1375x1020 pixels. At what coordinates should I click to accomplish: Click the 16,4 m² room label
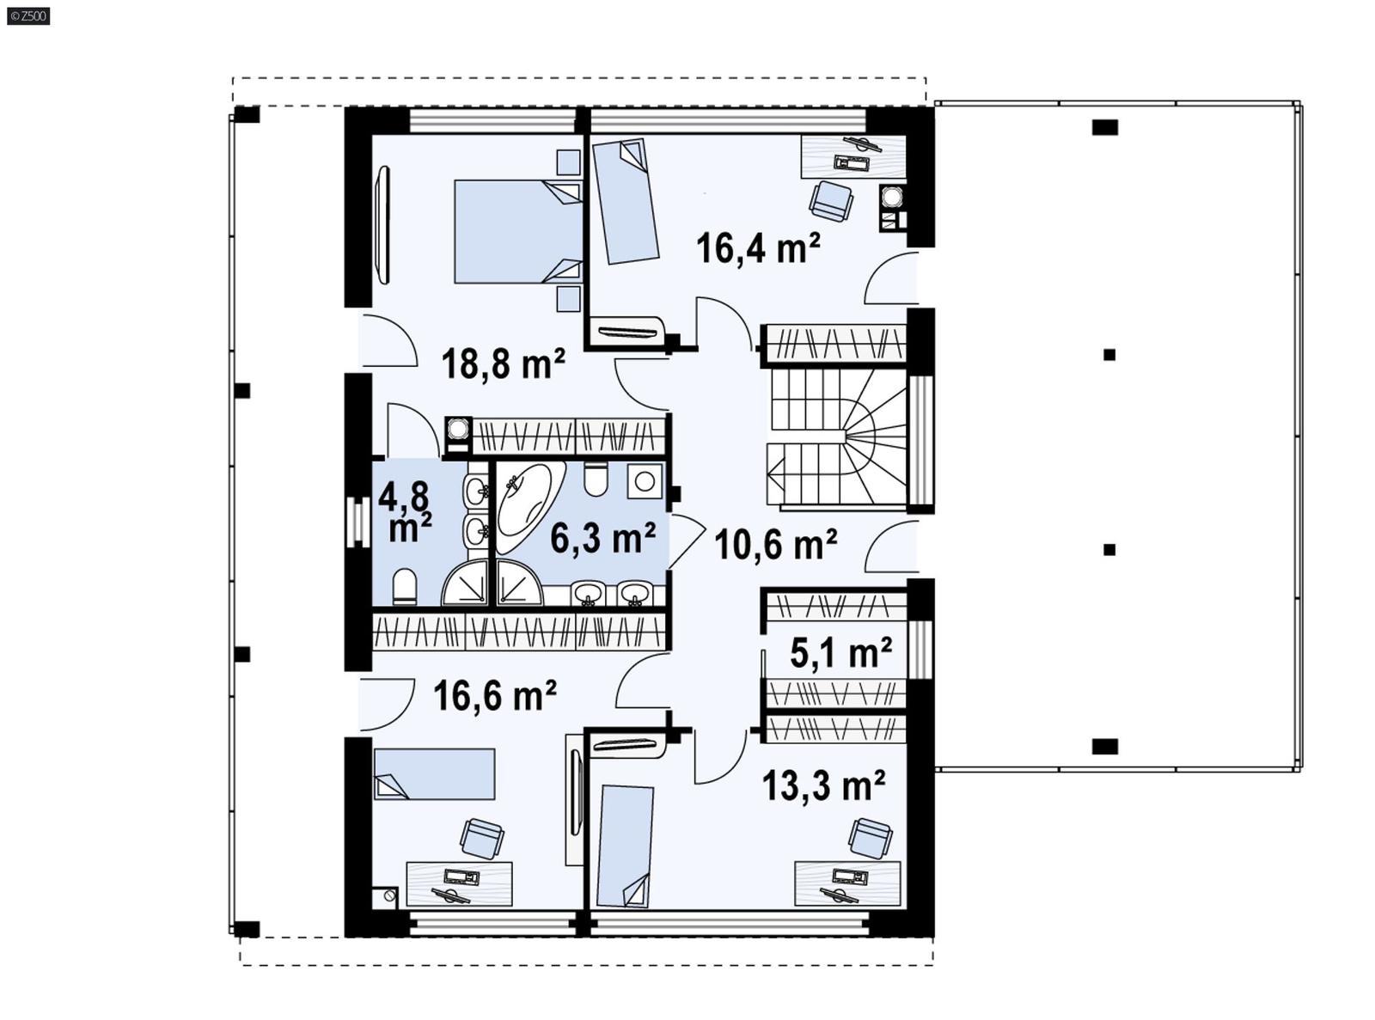pyautogui.click(x=757, y=248)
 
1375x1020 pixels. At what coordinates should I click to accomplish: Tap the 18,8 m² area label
pyautogui.click(x=503, y=363)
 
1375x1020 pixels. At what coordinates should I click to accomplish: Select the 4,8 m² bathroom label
pyautogui.click(x=406, y=512)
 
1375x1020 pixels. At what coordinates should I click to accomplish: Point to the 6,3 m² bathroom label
pyautogui.click(x=602, y=539)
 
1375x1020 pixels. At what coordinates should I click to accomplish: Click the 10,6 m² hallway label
pyautogui.click(x=775, y=544)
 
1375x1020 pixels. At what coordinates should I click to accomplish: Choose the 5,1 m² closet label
pyautogui.click(x=840, y=653)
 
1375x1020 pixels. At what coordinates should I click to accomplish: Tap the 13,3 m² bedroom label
pyautogui.click(x=823, y=785)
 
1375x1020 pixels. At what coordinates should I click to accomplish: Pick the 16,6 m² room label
pyautogui.click(x=494, y=695)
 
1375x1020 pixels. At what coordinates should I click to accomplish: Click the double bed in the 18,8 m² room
pyautogui.click(x=516, y=231)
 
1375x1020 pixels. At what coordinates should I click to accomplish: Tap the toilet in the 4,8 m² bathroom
pyautogui.click(x=404, y=588)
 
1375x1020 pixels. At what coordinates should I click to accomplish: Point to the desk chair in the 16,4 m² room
pyautogui.click(x=831, y=201)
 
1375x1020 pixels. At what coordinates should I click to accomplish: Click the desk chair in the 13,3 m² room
pyautogui.click(x=870, y=838)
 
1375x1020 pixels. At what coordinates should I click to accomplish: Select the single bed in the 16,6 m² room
pyautogui.click(x=434, y=773)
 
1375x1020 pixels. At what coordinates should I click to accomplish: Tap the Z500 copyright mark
pyautogui.click(x=27, y=15)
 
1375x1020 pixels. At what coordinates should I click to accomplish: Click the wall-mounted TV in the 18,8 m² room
pyautogui.click(x=382, y=225)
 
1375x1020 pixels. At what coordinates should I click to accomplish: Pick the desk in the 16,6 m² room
pyautogui.click(x=459, y=883)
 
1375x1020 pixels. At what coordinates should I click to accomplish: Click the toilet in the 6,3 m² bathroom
pyautogui.click(x=596, y=479)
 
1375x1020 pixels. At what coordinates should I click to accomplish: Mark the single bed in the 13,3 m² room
pyautogui.click(x=625, y=846)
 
